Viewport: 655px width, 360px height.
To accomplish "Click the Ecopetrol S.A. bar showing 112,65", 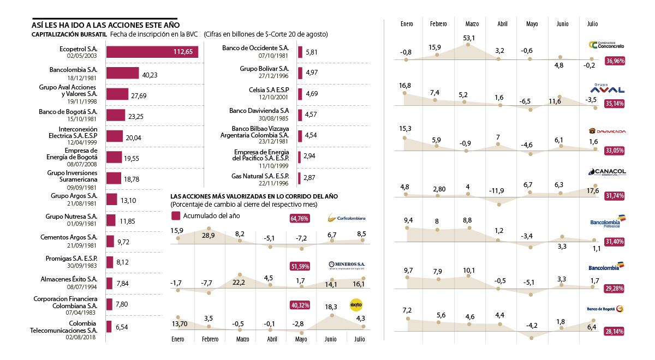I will (x=152, y=52).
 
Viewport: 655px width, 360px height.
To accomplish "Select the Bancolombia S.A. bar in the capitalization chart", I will (x=122, y=73).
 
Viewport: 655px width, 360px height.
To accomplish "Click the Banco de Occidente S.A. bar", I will (x=300, y=52).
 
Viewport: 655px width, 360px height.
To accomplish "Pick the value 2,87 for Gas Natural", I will (x=310, y=178).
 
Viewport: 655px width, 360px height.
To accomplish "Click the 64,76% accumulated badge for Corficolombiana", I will (x=300, y=219).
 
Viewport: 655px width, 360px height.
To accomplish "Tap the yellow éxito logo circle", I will (x=356, y=304).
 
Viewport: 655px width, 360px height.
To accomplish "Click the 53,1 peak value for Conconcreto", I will (x=469, y=38).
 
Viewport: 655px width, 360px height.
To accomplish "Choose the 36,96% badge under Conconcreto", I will (x=615, y=61).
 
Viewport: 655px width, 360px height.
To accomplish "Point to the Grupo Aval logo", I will (x=608, y=89).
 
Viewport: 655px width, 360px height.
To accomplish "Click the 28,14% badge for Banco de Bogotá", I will (x=615, y=331).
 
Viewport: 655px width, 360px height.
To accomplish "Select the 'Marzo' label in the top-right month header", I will (x=472, y=24).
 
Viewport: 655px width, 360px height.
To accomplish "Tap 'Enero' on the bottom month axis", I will (x=178, y=339).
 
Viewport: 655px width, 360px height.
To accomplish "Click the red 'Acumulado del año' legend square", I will (x=175, y=215).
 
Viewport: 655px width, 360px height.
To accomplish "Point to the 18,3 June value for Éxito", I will (x=331, y=307).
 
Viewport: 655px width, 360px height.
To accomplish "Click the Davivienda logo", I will (x=608, y=131).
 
